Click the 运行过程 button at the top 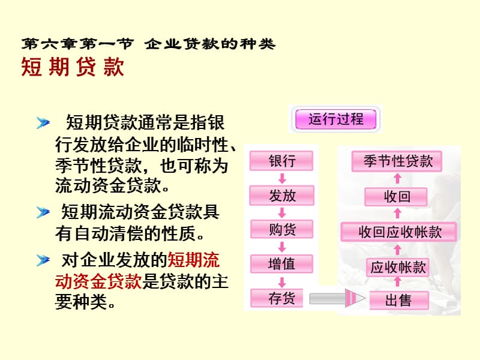(x=335, y=119)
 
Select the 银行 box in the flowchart (x=281, y=161)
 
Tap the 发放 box (x=282, y=196)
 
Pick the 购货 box (x=281, y=229)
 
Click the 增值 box (x=281, y=264)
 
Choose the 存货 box (x=277, y=298)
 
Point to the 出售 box (x=399, y=301)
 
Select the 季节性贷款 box (x=397, y=161)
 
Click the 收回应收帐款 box (x=398, y=232)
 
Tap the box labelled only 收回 (x=396, y=197)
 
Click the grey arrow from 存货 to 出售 (x=337, y=298)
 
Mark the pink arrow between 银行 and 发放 (x=282, y=178)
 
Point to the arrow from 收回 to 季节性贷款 (x=397, y=178)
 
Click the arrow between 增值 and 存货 (x=282, y=281)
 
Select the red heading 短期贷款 (x=73, y=67)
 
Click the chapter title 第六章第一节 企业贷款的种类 (x=148, y=44)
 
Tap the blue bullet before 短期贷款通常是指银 (x=43, y=123)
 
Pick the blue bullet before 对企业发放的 (x=43, y=260)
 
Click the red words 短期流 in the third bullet (x=193, y=260)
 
